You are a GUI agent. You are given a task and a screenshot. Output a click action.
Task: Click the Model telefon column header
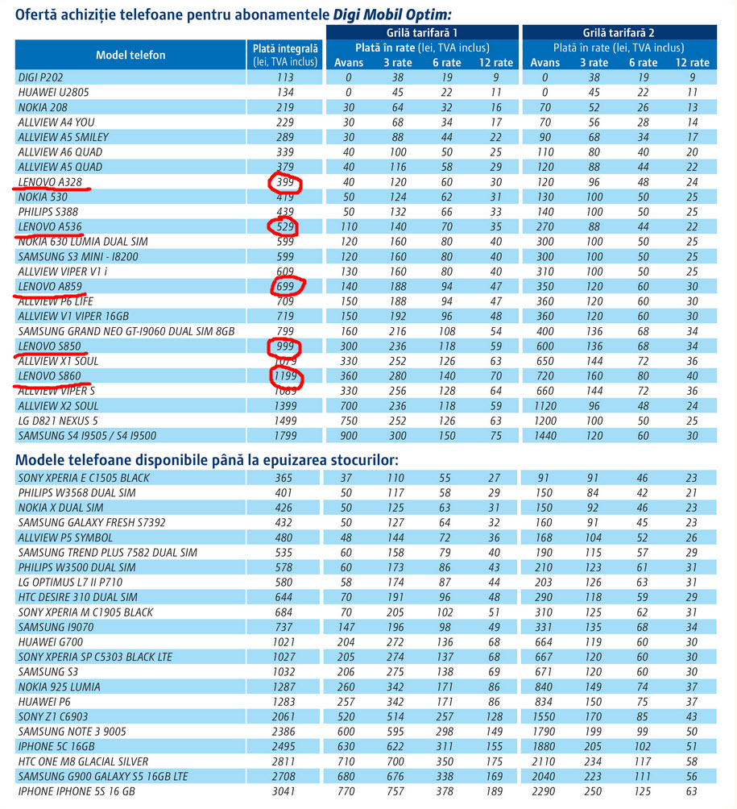point(130,56)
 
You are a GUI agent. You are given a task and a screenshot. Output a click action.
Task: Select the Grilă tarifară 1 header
point(422,32)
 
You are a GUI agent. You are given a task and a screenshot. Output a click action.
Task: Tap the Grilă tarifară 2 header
point(619,32)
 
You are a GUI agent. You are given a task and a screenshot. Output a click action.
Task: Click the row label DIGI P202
point(40,77)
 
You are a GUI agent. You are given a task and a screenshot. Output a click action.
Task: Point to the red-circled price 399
point(285,182)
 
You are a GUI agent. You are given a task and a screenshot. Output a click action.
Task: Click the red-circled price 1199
point(285,376)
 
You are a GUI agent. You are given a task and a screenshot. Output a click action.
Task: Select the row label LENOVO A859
point(50,286)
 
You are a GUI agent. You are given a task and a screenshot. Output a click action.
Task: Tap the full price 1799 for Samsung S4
point(285,436)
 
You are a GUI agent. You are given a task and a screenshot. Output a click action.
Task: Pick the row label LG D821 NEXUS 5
point(58,421)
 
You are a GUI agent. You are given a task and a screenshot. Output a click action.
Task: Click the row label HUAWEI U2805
point(54,93)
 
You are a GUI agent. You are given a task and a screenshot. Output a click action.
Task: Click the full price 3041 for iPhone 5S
point(284,791)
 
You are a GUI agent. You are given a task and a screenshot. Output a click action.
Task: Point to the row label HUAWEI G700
point(51,642)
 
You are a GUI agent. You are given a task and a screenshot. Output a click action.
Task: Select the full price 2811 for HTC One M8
point(284,761)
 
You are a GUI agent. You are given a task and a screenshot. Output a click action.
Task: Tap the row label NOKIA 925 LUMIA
point(60,687)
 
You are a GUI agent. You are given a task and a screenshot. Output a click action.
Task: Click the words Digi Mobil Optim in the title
point(391,15)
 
